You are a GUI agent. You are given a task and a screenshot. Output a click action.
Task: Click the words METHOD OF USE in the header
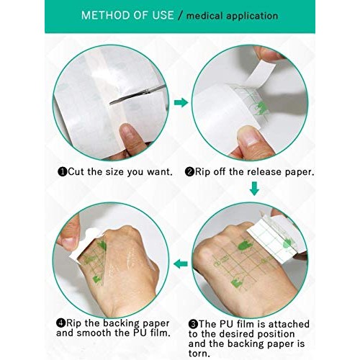tap(127, 15)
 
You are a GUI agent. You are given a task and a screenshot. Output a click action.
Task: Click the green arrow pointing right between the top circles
tap(181, 103)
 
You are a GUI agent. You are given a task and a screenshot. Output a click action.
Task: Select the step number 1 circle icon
tap(63, 172)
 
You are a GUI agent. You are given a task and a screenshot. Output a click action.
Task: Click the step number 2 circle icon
tap(190, 172)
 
